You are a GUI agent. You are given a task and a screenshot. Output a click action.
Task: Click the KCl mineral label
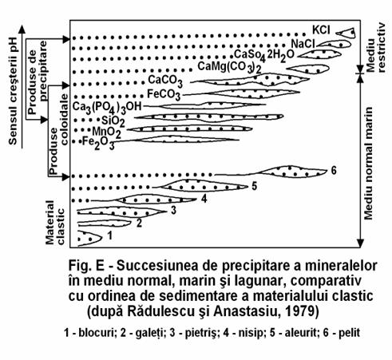coord(321,30)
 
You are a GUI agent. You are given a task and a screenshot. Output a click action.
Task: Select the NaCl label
coord(303,44)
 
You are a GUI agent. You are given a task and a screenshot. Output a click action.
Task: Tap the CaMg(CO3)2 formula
coord(229,67)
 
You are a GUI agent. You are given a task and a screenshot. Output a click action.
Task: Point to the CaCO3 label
coord(165,81)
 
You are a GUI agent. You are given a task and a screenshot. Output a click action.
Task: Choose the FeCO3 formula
coord(164,95)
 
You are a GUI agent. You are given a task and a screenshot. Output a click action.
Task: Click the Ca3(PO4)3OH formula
coord(107,107)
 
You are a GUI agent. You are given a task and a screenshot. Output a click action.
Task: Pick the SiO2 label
coord(113,121)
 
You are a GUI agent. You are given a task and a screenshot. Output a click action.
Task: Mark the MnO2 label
coord(106,133)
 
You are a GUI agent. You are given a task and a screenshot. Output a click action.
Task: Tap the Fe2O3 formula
coord(98,143)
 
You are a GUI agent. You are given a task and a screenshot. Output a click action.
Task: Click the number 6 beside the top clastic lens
coord(334,171)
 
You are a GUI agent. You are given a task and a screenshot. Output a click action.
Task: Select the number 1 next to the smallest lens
coord(109,235)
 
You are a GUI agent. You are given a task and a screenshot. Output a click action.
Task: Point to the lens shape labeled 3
coord(121,212)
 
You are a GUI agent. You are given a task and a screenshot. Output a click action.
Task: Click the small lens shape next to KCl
coord(346,33)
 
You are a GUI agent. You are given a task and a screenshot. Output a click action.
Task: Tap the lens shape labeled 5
coord(204,185)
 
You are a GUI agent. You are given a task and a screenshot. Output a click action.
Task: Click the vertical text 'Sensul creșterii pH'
coord(13,91)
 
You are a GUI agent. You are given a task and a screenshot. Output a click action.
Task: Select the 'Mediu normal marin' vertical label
coord(369,164)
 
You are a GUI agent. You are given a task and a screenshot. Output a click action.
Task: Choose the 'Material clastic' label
coord(55,223)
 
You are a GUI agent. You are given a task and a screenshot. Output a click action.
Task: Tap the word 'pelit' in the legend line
coord(349,333)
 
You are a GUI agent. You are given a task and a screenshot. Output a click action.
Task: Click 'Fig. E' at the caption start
coord(86,266)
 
